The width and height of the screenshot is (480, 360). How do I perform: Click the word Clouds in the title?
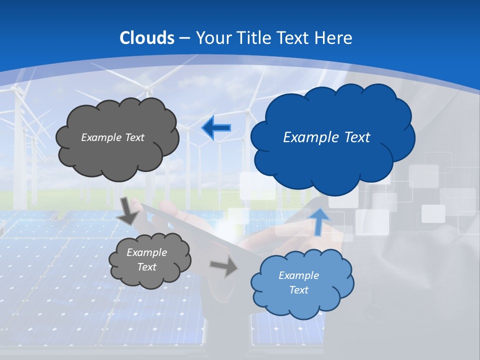point(147,38)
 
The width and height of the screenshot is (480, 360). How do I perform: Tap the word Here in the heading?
point(333,38)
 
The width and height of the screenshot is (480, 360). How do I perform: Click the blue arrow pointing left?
point(216,128)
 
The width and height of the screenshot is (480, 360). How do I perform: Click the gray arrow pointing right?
point(223,266)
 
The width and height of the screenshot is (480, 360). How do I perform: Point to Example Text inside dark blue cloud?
point(326,137)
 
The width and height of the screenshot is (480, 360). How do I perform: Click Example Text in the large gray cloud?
point(112,137)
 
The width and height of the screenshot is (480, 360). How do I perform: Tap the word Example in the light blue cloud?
point(298,275)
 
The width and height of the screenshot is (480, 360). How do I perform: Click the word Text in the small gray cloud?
point(146,267)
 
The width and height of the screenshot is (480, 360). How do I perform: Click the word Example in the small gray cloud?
point(146,252)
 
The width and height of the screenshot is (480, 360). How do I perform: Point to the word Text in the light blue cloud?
point(298,290)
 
